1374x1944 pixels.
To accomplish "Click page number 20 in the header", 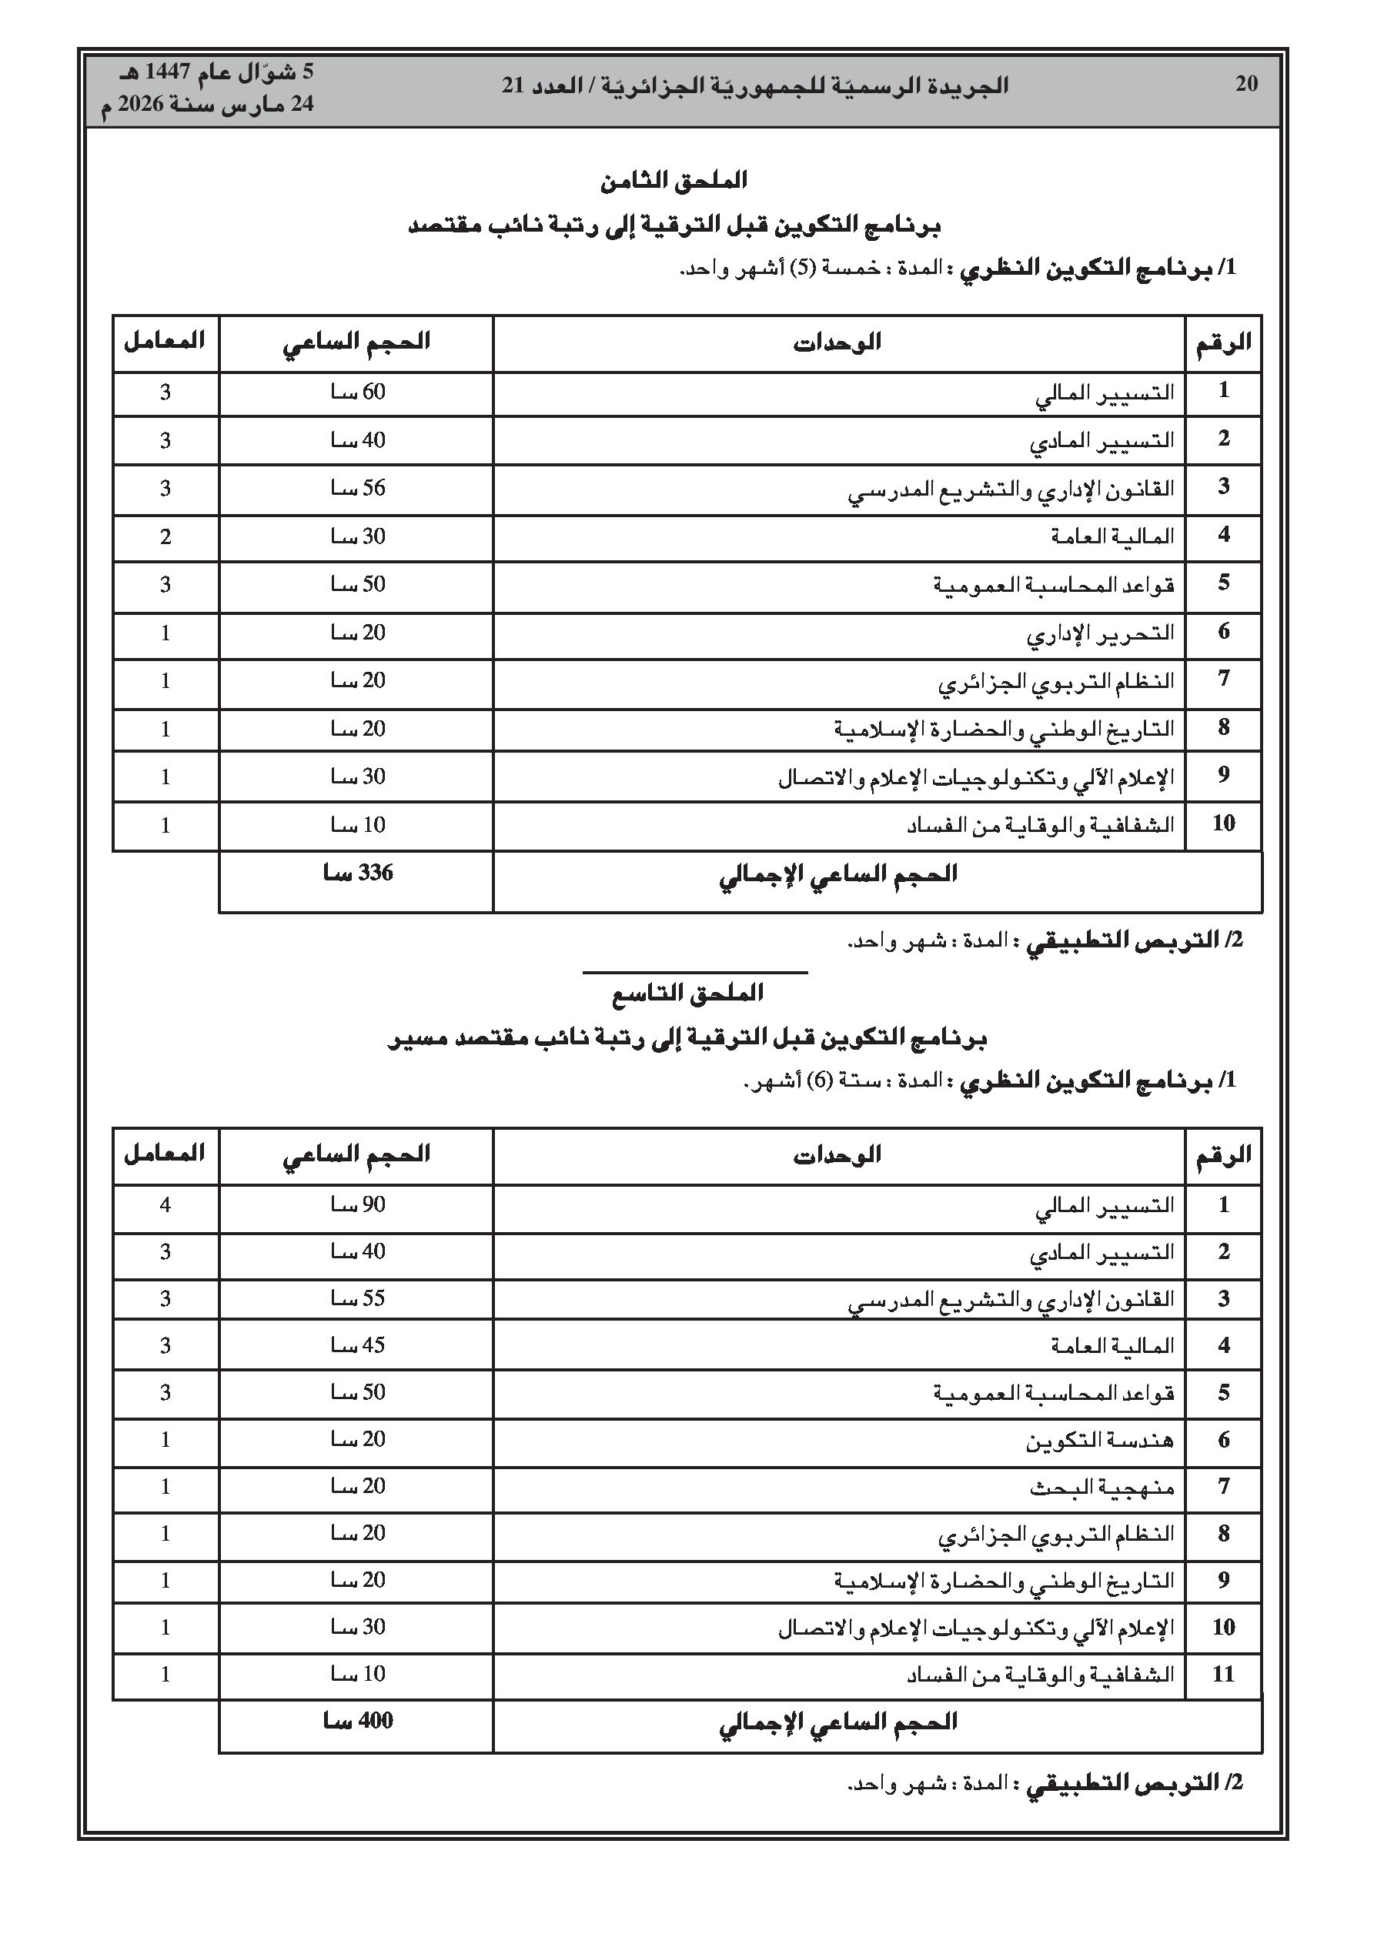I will [x=1246, y=84].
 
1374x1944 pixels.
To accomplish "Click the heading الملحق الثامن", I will [x=674, y=180].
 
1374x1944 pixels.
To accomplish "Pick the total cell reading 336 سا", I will [x=357, y=873].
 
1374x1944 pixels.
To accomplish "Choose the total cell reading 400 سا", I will [x=357, y=1722].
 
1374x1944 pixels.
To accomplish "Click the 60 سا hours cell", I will [x=357, y=392].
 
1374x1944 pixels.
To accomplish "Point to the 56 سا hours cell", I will [x=357, y=488].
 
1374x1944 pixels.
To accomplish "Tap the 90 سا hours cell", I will [x=357, y=1205].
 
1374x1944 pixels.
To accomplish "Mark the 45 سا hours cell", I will [x=357, y=1345].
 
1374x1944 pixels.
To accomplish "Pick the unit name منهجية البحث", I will [x=1102, y=1487].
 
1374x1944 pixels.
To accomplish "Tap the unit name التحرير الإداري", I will [x=1101, y=634].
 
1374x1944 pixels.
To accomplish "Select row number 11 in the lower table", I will [x=1223, y=1674].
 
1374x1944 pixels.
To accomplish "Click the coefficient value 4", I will [x=165, y=1205].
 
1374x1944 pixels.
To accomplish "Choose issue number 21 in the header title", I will [x=513, y=85].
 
